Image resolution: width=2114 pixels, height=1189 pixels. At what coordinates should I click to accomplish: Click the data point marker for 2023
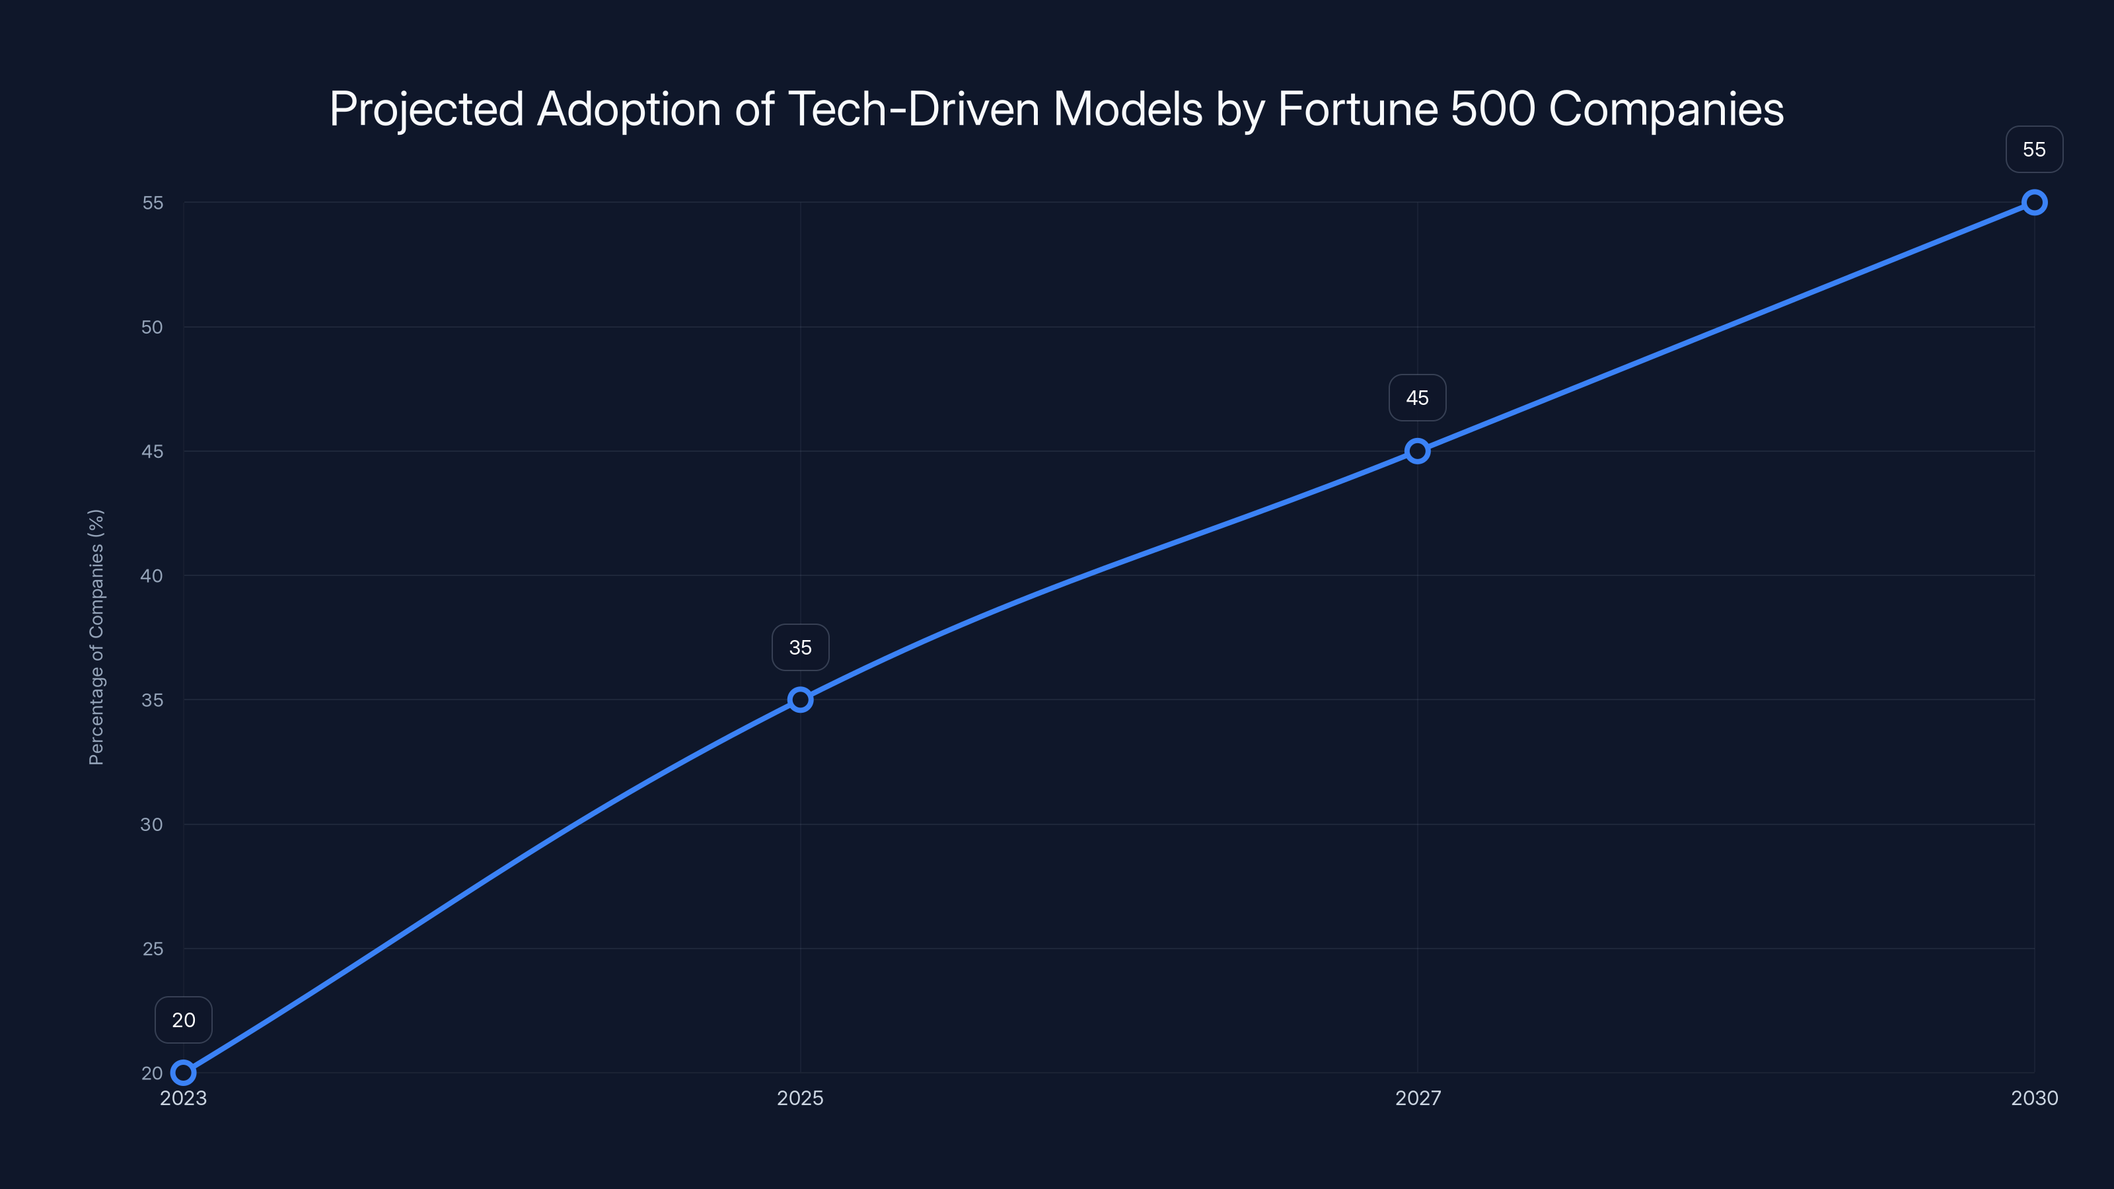click(183, 1073)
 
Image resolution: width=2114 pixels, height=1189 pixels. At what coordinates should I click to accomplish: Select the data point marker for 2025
click(800, 699)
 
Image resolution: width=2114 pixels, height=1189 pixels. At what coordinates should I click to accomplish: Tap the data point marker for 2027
click(1417, 450)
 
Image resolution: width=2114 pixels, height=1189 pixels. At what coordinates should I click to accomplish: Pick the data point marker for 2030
click(2035, 202)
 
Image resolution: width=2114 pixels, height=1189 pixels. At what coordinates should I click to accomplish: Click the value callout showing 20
click(183, 1020)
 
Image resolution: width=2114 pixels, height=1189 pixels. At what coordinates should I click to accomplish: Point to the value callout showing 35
click(800, 647)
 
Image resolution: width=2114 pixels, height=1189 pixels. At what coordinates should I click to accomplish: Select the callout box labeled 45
click(1417, 398)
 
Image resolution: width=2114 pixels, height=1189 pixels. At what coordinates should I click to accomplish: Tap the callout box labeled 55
click(2035, 149)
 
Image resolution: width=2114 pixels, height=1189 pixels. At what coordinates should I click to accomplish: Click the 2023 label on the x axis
click(183, 1098)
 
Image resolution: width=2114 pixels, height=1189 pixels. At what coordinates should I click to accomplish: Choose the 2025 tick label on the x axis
click(800, 1098)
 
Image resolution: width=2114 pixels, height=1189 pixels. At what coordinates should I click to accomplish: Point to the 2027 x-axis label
click(1417, 1098)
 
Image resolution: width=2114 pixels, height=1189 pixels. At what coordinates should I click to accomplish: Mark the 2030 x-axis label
click(2035, 1098)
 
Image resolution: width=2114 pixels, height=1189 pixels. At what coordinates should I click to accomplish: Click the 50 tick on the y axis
click(152, 326)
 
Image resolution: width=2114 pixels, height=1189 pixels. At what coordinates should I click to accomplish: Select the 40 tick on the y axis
click(152, 575)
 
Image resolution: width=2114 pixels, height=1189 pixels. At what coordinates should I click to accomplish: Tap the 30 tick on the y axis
click(152, 824)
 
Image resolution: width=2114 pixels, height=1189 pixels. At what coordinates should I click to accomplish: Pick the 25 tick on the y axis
click(153, 949)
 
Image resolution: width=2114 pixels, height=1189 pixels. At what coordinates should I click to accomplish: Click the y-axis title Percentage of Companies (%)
click(96, 637)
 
